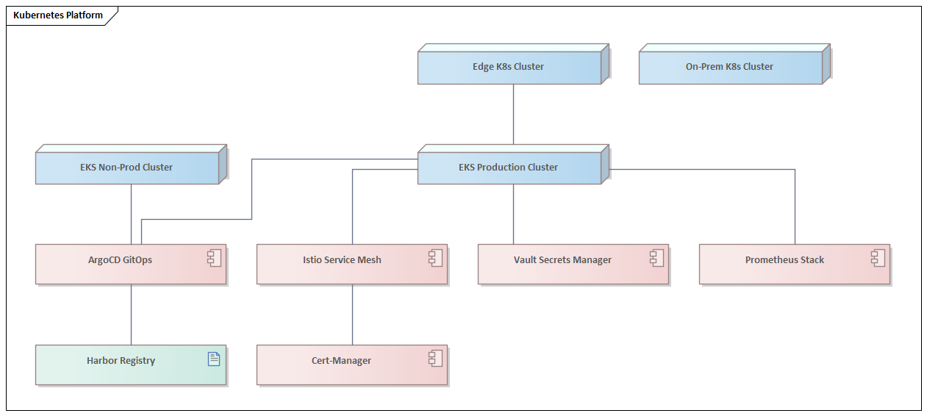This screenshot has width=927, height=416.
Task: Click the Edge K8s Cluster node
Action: [x=509, y=67]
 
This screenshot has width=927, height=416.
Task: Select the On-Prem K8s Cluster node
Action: [x=729, y=67]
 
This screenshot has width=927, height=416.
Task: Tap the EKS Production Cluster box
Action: [x=509, y=168]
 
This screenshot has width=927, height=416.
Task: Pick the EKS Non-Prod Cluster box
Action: [x=126, y=168]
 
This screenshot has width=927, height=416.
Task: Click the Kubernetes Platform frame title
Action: [x=58, y=15]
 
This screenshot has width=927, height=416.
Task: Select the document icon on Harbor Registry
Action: [x=214, y=359]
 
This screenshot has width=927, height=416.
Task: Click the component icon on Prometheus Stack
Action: [x=878, y=257]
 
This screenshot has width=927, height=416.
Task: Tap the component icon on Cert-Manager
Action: [x=435, y=358]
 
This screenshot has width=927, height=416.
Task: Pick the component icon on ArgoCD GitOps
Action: [x=214, y=257]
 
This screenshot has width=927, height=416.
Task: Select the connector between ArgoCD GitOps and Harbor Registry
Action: [x=131, y=315]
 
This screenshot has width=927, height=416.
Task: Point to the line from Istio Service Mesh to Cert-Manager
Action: [x=352, y=315]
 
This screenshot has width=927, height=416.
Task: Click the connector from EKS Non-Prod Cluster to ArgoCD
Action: [x=131, y=214]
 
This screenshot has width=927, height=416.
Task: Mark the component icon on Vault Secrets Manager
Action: [x=656, y=257]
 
